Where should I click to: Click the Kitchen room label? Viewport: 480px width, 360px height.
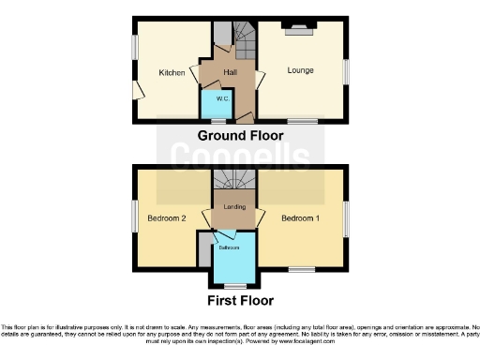pos(171,72)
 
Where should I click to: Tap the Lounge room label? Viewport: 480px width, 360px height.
pos(300,70)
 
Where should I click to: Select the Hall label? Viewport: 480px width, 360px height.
pos(231,71)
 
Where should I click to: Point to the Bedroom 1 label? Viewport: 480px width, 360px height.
pos(300,217)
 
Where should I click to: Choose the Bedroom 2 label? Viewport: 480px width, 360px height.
pos(167,217)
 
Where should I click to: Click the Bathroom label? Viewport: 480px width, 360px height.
pos(231,247)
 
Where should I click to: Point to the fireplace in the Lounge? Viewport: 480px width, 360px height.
pos(299,30)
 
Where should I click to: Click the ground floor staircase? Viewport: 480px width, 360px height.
pos(245,40)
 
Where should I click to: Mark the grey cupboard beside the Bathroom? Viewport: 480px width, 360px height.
pos(203,248)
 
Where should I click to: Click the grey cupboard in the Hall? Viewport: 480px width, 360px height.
pos(221,35)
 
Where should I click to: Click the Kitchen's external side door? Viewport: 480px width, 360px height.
pos(137,89)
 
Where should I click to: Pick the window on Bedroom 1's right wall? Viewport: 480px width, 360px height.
pos(347,219)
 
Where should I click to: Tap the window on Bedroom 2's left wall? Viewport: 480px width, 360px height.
pos(134,217)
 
